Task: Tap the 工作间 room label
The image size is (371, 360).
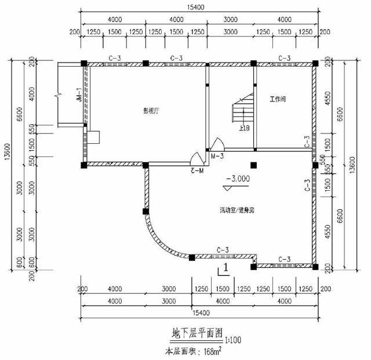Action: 278,100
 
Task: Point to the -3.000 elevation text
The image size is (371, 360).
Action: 238,179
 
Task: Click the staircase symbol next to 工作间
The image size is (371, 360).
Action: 242,110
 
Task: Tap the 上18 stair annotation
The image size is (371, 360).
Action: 244,128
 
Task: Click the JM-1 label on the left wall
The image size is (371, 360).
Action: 78,95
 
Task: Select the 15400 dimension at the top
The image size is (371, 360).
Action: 199,8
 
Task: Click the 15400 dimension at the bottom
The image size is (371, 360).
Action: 199,313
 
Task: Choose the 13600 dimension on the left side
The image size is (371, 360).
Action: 6,165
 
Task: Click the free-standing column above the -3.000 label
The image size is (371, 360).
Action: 253,165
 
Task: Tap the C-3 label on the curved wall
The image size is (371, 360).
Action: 223,250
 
